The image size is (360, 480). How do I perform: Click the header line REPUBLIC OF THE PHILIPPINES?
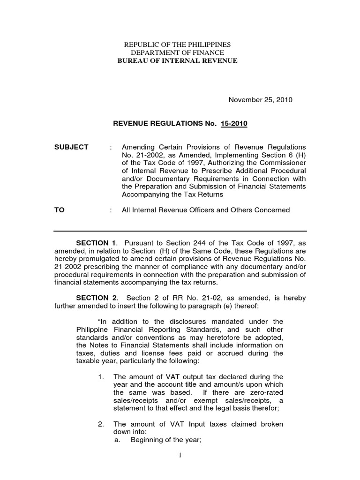click(177, 44)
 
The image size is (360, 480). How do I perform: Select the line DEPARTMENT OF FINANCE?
click(177, 52)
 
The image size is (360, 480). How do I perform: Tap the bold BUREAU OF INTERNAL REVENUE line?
click(177, 60)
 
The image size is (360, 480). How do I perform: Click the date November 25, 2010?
click(260, 100)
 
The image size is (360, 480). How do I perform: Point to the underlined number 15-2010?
click(236, 124)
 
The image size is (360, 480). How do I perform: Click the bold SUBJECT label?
click(71, 147)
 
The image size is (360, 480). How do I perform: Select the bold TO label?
click(59, 210)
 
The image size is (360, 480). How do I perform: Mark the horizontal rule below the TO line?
click(180, 231)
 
